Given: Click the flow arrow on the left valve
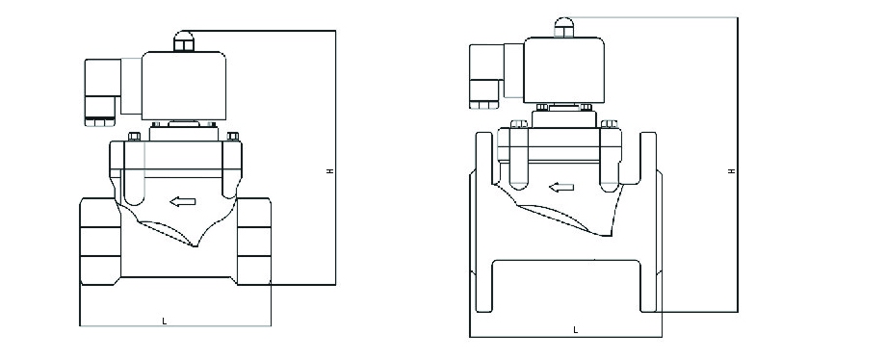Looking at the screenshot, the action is tap(183, 202).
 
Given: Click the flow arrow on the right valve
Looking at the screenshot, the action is tap(561, 187).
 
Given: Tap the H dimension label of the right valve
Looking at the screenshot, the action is tap(732, 170).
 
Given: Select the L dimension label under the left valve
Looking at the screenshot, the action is tap(165, 321).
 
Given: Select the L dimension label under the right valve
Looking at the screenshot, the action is tap(576, 330).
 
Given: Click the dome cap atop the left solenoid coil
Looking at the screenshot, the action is tap(184, 41).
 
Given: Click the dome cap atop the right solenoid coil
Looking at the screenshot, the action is tap(564, 27).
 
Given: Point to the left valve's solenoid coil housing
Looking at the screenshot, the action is tap(184, 86).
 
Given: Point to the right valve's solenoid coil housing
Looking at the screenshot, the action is tap(564, 70).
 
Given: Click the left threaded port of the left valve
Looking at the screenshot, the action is tap(100, 242).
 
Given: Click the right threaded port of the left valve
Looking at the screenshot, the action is tap(253, 242).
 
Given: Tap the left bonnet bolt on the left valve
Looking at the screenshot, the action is tap(135, 136).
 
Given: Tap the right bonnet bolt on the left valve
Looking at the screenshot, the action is tap(233, 136).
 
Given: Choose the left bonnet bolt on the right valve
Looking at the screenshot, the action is tap(519, 124).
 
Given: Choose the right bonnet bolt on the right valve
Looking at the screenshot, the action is tap(609, 124).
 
